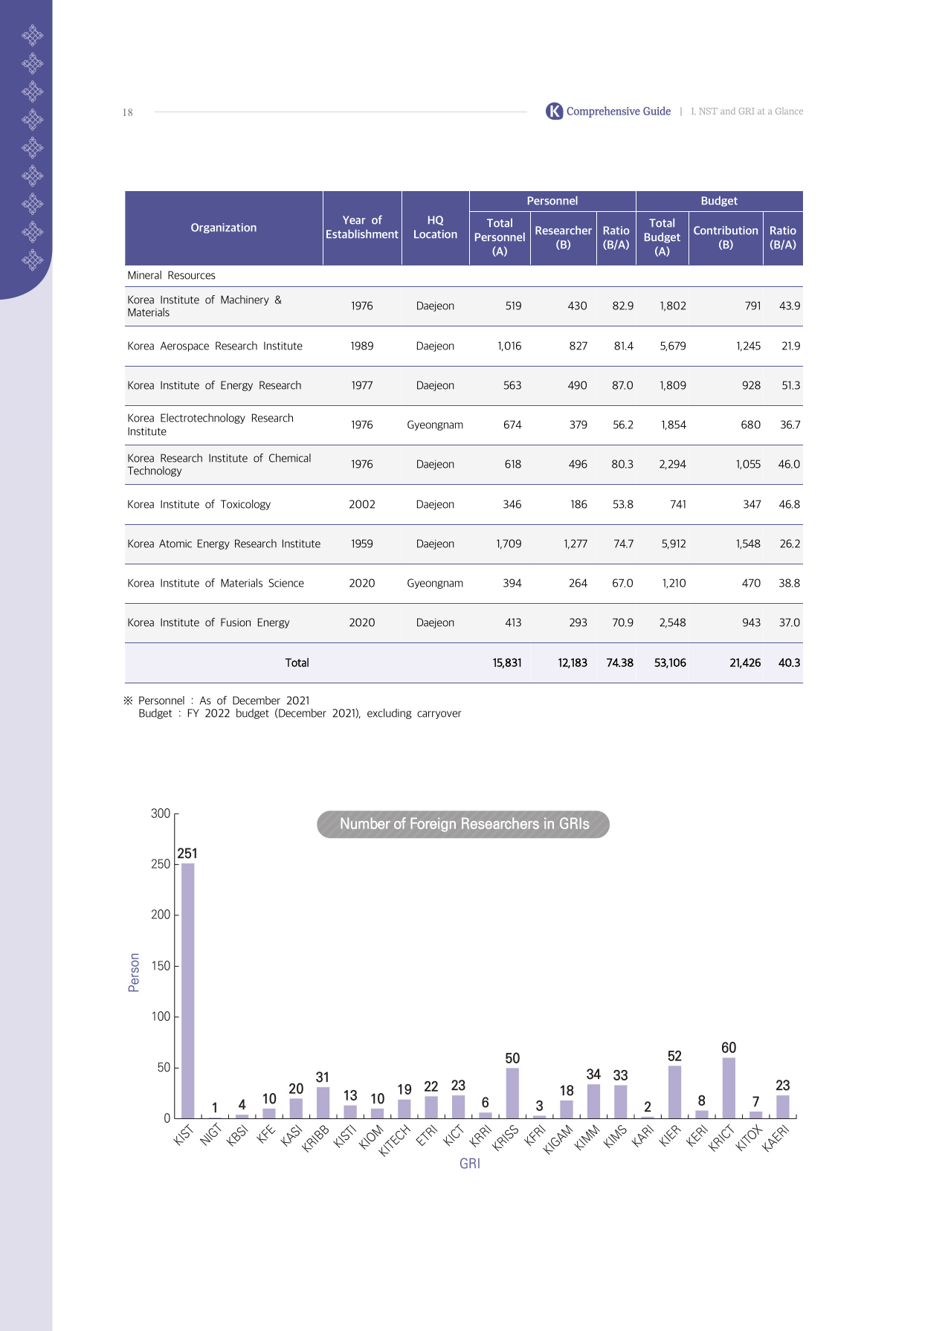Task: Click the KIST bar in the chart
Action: tap(188, 990)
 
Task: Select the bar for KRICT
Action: tap(729, 1088)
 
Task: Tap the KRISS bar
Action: tap(512, 1093)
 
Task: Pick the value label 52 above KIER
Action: tap(674, 1056)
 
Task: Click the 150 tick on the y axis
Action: tap(161, 966)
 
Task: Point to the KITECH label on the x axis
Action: tap(394, 1140)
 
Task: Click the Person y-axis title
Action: tap(134, 973)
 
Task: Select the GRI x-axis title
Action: tap(470, 1164)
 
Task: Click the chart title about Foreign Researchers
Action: tap(464, 824)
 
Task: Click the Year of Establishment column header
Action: tap(362, 228)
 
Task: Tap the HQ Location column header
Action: tap(435, 228)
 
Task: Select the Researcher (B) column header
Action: tap(564, 237)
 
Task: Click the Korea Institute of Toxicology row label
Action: tap(199, 504)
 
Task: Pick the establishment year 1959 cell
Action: tap(362, 544)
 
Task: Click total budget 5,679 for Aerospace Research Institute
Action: tap(673, 346)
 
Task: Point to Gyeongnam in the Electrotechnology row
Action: tap(435, 425)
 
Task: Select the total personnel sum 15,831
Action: tap(507, 663)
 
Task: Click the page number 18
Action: tap(128, 112)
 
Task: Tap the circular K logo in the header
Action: tap(555, 112)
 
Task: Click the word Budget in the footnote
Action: tap(155, 713)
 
